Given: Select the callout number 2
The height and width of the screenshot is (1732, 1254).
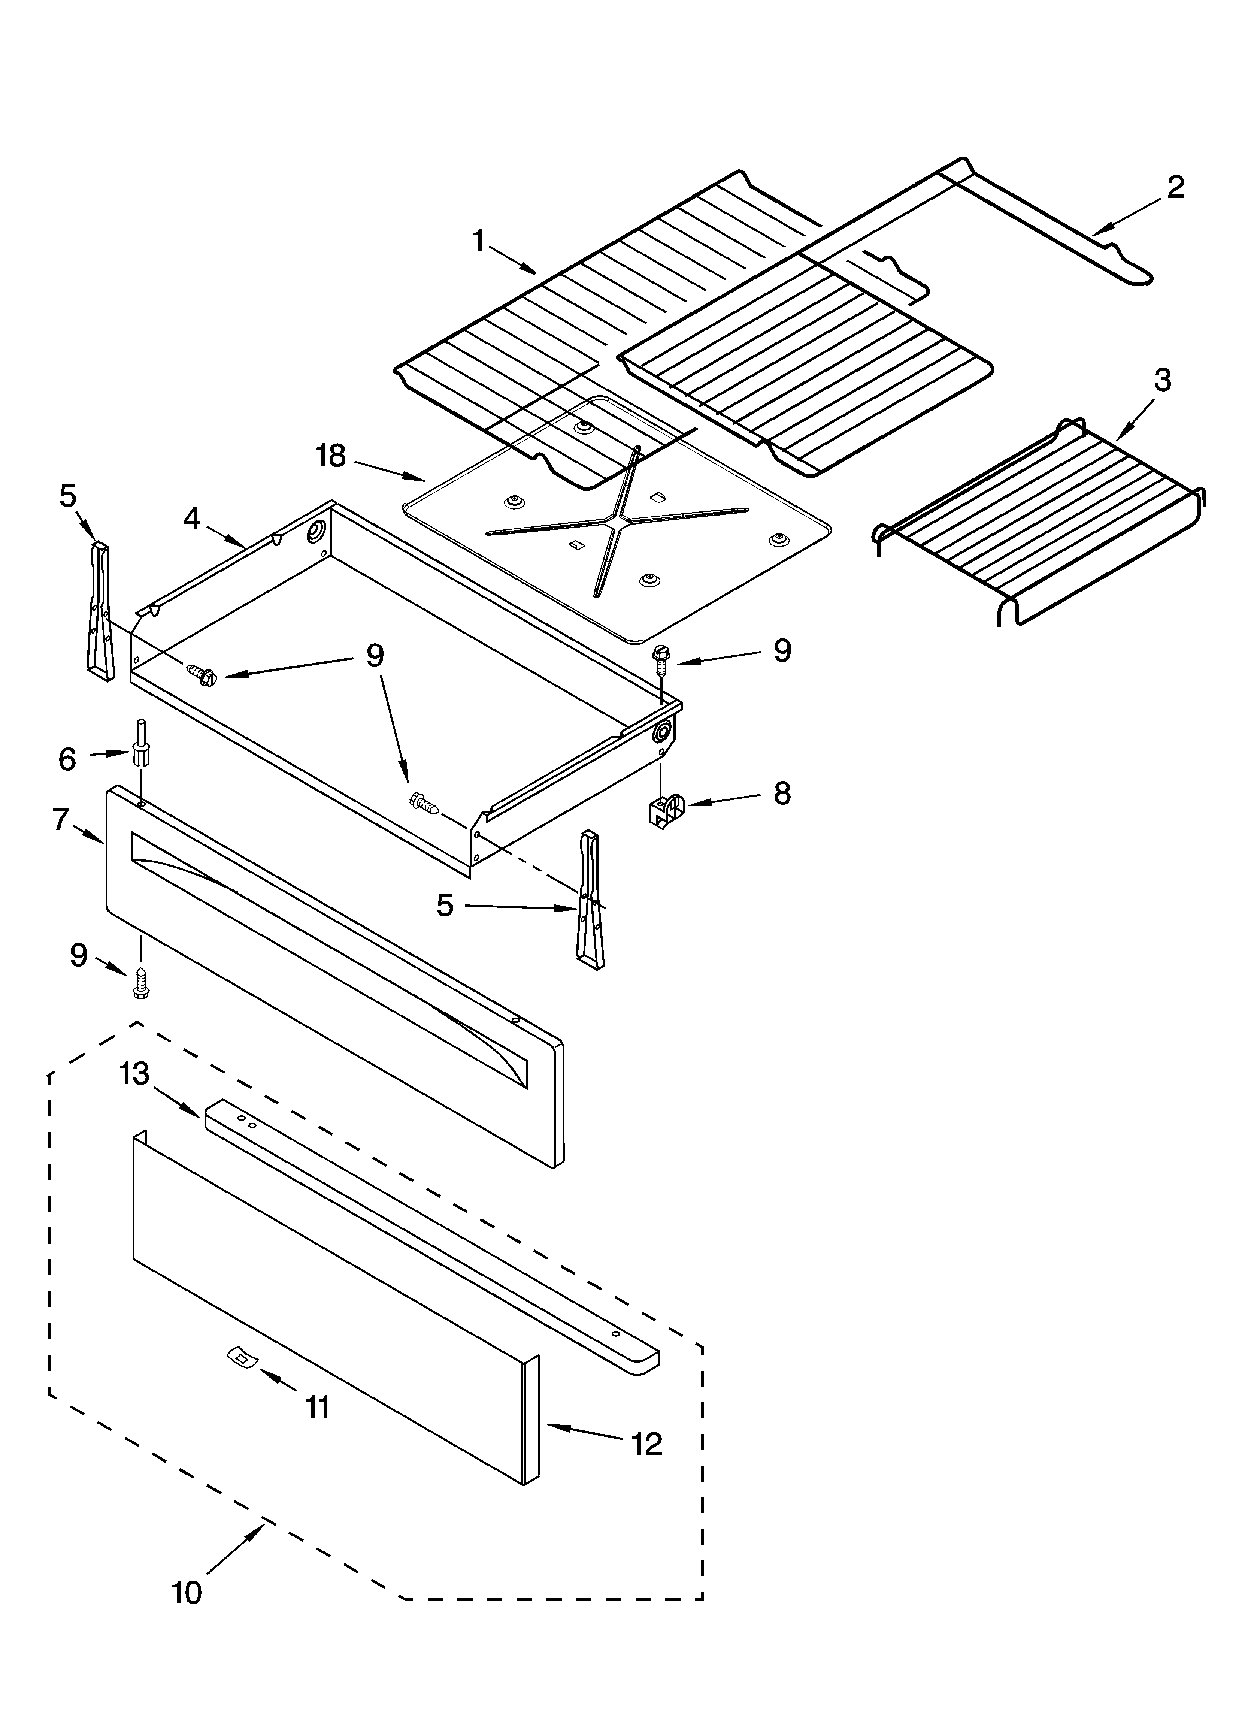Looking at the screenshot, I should point(1175,187).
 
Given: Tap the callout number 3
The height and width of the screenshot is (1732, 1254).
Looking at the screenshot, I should point(1161,380).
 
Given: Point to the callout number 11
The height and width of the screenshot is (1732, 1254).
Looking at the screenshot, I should point(317,1406).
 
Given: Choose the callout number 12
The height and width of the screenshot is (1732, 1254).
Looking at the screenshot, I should point(647,1444).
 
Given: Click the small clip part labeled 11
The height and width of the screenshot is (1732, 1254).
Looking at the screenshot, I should point(240,1358).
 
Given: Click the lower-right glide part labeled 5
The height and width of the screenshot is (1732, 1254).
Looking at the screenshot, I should point(590,901).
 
